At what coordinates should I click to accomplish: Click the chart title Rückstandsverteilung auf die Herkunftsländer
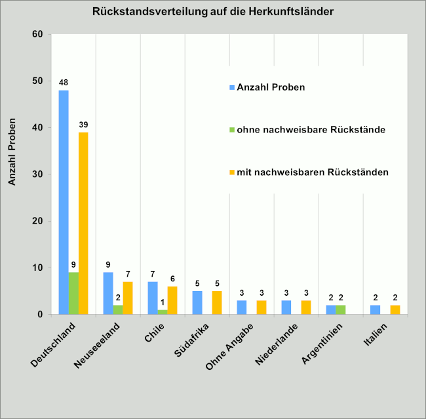[213, 11]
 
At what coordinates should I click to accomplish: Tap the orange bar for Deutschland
[83, 223]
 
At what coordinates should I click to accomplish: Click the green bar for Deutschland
[73, 293]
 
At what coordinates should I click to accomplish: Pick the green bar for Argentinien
[341, 309]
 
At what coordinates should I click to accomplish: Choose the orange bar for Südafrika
[217, 303]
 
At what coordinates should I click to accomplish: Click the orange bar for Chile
[172, 300]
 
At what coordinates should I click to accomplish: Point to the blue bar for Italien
[376, 309]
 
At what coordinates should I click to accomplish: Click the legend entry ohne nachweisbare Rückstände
[306, 130]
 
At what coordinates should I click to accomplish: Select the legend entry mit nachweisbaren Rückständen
[307, 172]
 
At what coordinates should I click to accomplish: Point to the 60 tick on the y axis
[37, 34]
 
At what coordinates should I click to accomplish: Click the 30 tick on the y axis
[37, 174]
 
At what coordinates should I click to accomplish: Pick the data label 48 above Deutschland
[64, 83]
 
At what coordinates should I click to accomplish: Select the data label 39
[83, 125]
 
